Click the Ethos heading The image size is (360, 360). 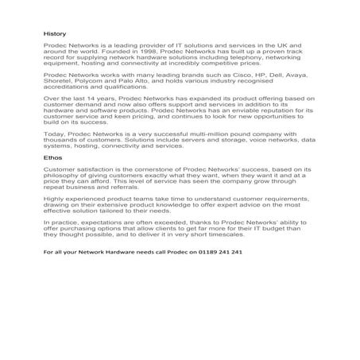pos(52,180)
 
